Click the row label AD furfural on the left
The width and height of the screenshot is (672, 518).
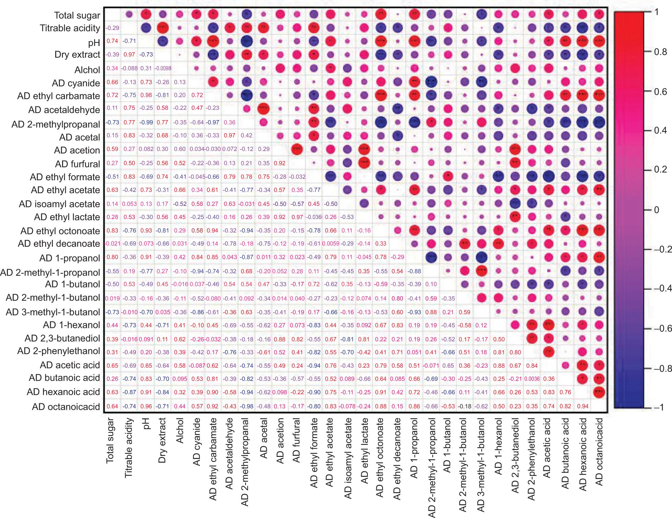coord(78,164)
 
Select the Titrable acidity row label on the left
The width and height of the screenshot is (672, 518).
coord(70,28)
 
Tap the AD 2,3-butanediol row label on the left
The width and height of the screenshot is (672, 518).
coord(62,338)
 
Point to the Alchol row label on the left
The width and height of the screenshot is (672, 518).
coord(87,70)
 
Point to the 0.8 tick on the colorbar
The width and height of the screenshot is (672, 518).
coord(660,52)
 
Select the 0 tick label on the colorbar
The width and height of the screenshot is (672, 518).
coord(657,210)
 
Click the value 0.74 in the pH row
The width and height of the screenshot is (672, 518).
coord(112,41)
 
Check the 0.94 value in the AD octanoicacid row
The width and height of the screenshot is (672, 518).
coord(582,406)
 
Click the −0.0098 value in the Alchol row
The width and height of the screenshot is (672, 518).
coord(163,68)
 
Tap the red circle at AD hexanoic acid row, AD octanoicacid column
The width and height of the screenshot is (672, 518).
coord(599,392)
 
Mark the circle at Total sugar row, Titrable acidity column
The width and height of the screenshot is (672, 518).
coord(129,14)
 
